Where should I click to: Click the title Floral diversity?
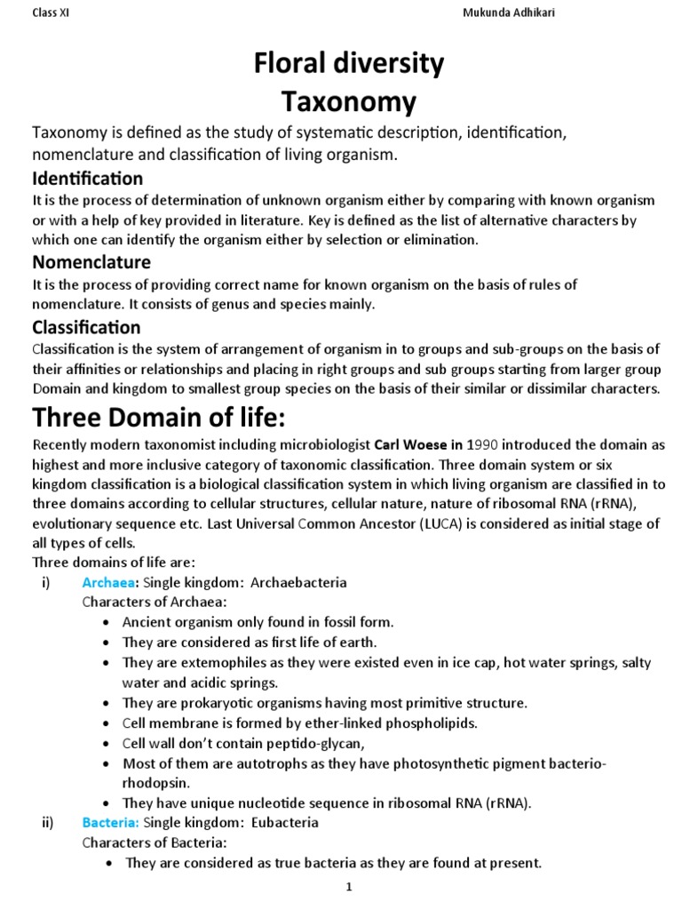click(x=349, y=65)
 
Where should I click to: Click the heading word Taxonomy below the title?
click(x=349, y=103)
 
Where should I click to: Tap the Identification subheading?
click(x=87, y=179)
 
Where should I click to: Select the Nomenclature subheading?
click(x=91, y=262)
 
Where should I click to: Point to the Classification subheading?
click(x=86, y=327)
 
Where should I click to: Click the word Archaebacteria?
click(x=298, y=583)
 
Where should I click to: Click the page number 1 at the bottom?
click(x=349, y=888)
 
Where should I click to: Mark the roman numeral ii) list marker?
click(x=49, y=822)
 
